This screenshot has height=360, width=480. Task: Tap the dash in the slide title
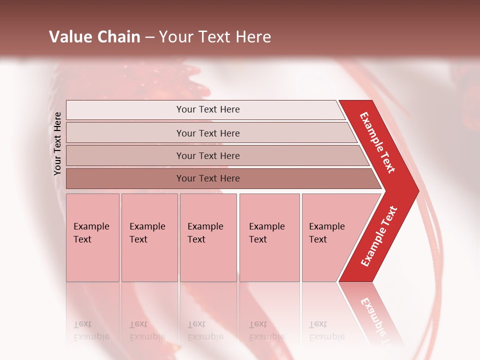[x=149, y=37]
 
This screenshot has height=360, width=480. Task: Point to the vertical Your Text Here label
[x=57, y=144]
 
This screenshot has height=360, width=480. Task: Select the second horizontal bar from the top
[x=207, y=133]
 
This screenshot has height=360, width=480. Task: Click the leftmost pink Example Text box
[x=92, y=237]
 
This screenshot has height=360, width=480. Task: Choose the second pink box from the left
[x=149, y=237]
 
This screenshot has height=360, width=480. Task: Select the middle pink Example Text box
[x=208, y=237]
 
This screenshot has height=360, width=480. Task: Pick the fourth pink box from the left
[x=269, y=237]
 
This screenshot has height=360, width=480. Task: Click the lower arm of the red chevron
[x=378, y=236]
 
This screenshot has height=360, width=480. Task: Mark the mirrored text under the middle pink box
[x=205, y=330]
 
